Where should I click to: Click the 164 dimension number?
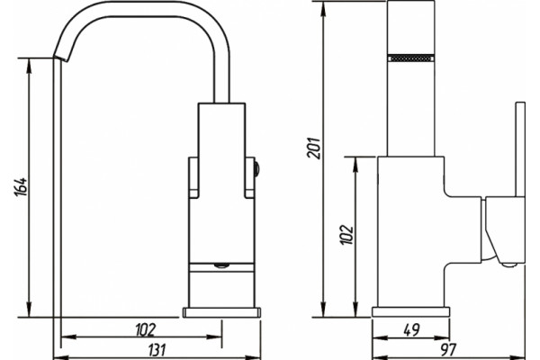(x=21, y=187)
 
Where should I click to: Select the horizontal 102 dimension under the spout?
(x=146, y=329)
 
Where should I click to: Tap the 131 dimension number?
(x=157, y=350)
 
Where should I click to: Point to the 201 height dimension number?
(x=314, y=148)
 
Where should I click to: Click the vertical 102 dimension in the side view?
(x=346, y=235)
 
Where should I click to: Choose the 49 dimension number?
(x=411, y=330)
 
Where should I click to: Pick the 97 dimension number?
(x=448, y=350)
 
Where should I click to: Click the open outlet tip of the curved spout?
(x=60, y=58)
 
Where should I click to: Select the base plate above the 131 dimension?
(x=221, y=312)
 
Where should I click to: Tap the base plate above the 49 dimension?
(x=411, y=312)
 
